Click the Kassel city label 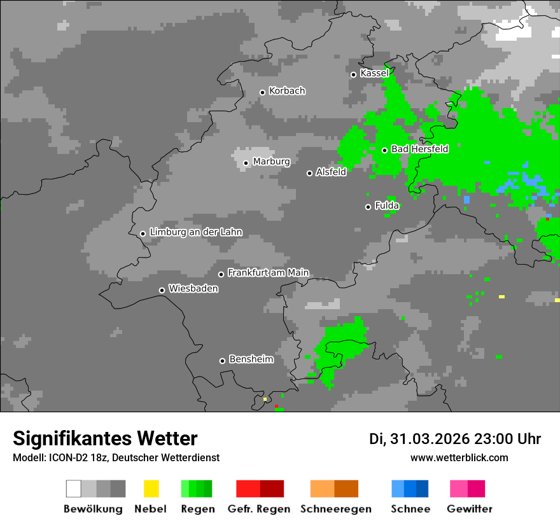click(x=374, y=73)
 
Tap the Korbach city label click(x=287, y=91)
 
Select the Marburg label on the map click(x=271, y=162)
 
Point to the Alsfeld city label click(x=331, y=172)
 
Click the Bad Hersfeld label click(x=419, y=149)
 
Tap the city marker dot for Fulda click(x=368, y=207)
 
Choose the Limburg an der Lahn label click(x=195, y=232)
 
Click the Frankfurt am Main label click(x=268, y=273)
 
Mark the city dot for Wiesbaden click(x=162, y=290)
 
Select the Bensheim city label click(x=251, y=359)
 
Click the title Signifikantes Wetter click(x=105, y=439)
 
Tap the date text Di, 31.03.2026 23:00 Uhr click(x=455, y=439)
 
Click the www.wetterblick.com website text click(x=459, y=457)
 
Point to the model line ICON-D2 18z click(x=116, y=457)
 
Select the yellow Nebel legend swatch click(x=151, y=489)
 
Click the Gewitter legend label click(x=469, y=509)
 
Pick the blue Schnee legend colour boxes click(x=410, y=489)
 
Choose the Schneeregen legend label click(x=335, y=509)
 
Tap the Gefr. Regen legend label click(x=259, y=509)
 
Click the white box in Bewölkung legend click(x=74, y=489)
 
